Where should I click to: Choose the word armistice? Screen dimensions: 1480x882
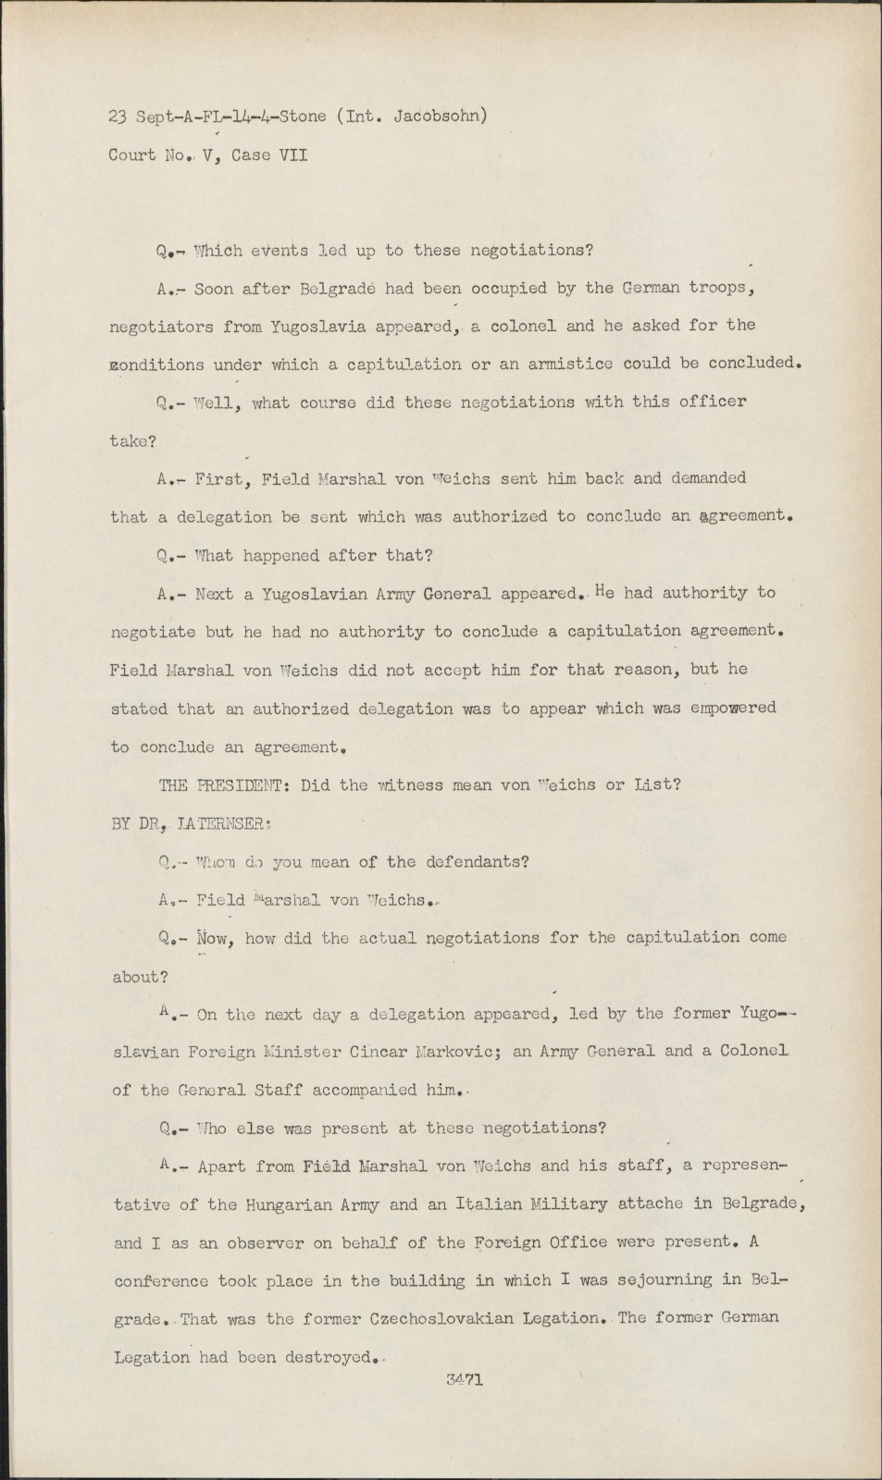pyautogui.click(x=569, y=364)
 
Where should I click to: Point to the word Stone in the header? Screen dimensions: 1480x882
pyautogui.click(x=302, y=117)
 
